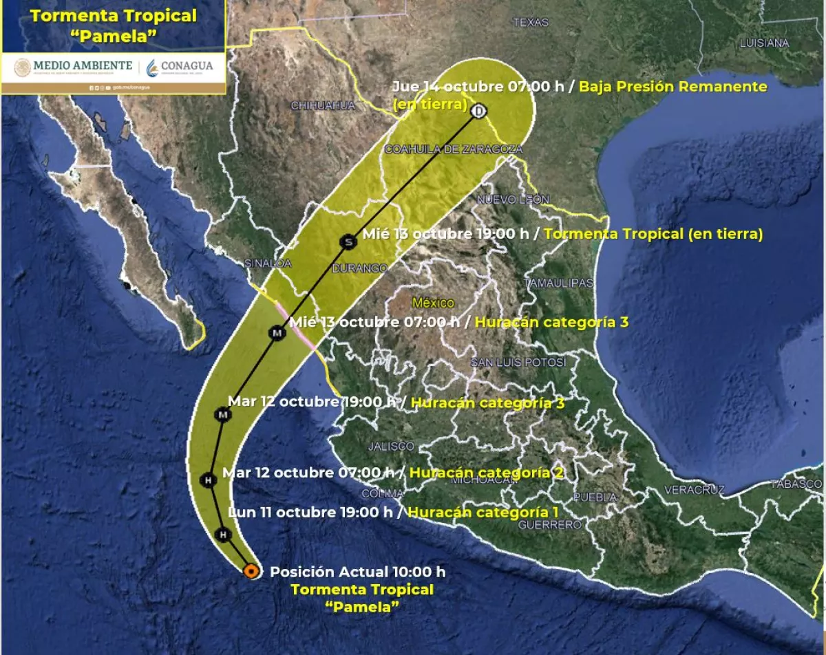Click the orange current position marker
pos(251,570)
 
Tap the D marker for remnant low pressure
pos(479,111)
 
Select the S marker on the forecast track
pos(348,241)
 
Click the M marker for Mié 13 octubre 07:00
pos(277,334)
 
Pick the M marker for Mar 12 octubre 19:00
pos(222,415)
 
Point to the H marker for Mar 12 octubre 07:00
pos(207,480)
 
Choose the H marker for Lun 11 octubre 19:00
pos(222,534)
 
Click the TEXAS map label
pos(531,23)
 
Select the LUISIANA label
pos(764,43)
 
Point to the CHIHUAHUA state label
pos(323,105)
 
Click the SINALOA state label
pos(268,263)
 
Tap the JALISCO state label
pos(391,446)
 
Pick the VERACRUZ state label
pos(695,490)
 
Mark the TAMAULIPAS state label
pos(558,283)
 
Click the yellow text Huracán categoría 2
pos(487,473)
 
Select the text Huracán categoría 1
pos(483,512)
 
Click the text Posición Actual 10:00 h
pos(357,572)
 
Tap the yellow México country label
pos(433,302)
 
